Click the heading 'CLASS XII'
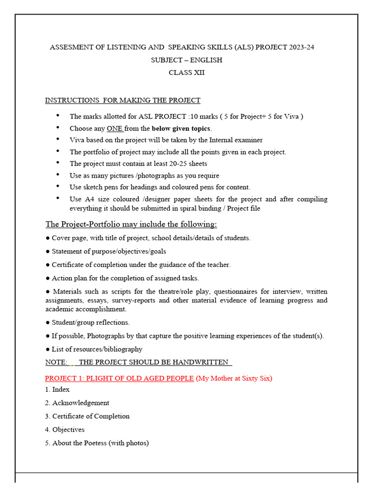[x=186, y=73]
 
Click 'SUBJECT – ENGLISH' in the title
[x=186, y=60]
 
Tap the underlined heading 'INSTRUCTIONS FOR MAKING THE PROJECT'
[x=122, y=100]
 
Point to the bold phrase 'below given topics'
[x=181, y=129]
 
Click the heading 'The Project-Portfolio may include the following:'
[x=131, y=224]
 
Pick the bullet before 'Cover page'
[x=48, y=238]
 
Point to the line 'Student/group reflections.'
[x=90, y=322]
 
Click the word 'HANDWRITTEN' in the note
[x=196, y=362]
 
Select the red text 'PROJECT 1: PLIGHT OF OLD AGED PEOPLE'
[x=119, y=378]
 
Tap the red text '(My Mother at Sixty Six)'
[x=234, y=378]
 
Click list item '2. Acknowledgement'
[x=77, y=403]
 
